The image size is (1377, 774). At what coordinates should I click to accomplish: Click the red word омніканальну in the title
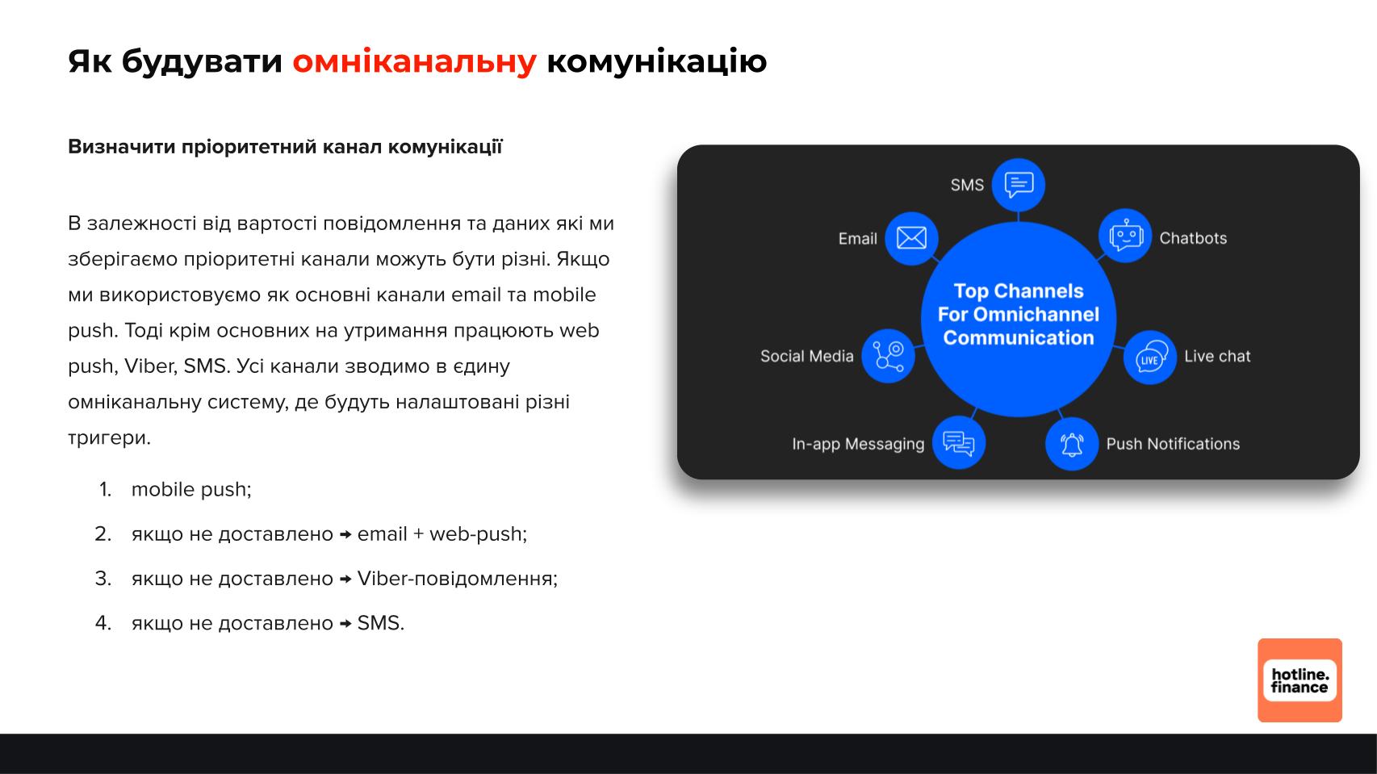click(x=414, y=62)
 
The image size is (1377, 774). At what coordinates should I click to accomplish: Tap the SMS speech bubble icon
click(x=1019, y=185)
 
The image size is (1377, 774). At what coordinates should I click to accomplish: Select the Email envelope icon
click(x=911, y=238)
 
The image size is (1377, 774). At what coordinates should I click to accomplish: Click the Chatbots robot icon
click(x=1125, y=236)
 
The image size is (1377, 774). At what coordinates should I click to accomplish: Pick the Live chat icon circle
click(x=1149, y=358)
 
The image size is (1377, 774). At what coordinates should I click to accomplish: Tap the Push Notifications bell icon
click(x=1071, y=444)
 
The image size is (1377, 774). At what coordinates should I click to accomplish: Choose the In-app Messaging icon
click(x=958, y=442)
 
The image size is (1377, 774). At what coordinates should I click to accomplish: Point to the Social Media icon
click(x=888, y=356)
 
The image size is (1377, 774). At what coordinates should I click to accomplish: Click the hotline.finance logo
click(x=1300, y=680)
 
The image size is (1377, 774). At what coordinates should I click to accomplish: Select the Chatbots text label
click(x=1193, y=238)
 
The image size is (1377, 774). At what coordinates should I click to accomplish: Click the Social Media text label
click(x=806, y=356)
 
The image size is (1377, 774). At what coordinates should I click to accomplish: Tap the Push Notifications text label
click(x=1173, y=444)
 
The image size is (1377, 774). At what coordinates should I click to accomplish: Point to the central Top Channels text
click(x=1018, y=314)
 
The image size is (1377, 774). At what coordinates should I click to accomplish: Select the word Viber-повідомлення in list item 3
click(x=458, y=579)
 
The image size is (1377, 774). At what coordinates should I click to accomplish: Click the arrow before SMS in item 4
click(x=345, y=623)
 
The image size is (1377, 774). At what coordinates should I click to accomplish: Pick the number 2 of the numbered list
click(x=103, y=533)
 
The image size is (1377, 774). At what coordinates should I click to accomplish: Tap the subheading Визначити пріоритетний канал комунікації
click(x=285, y=147)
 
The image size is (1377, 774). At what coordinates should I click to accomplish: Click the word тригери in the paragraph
click(x=109, y=437)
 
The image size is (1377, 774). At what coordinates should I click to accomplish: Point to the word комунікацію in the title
click(x=656, y=62)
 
